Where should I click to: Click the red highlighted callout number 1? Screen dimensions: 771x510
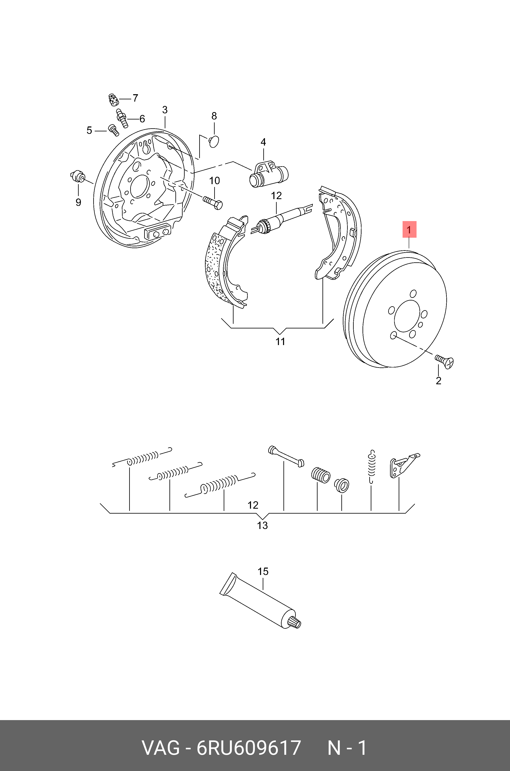pos(409,230)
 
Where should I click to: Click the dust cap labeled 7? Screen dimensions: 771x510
pos(113,100)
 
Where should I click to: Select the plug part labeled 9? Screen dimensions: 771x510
pos(78,177)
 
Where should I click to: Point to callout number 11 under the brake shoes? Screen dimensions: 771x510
pos(280,341)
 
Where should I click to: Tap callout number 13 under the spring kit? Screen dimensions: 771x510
pos(262,525)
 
